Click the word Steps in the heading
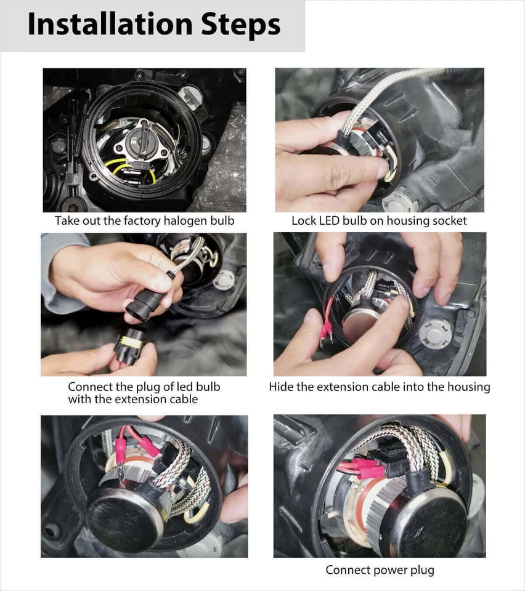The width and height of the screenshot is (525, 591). pyautogui.click(x=240, y=25)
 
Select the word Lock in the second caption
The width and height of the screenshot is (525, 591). pyautogui.click(x=303, y=220)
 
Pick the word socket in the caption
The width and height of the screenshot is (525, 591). pyautogui.click(x=449, y=220)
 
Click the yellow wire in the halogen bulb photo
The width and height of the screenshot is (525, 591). pyautogui.click(x=117, y=165)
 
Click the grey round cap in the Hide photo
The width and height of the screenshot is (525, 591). pyautogui.click(x=435, y=332)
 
